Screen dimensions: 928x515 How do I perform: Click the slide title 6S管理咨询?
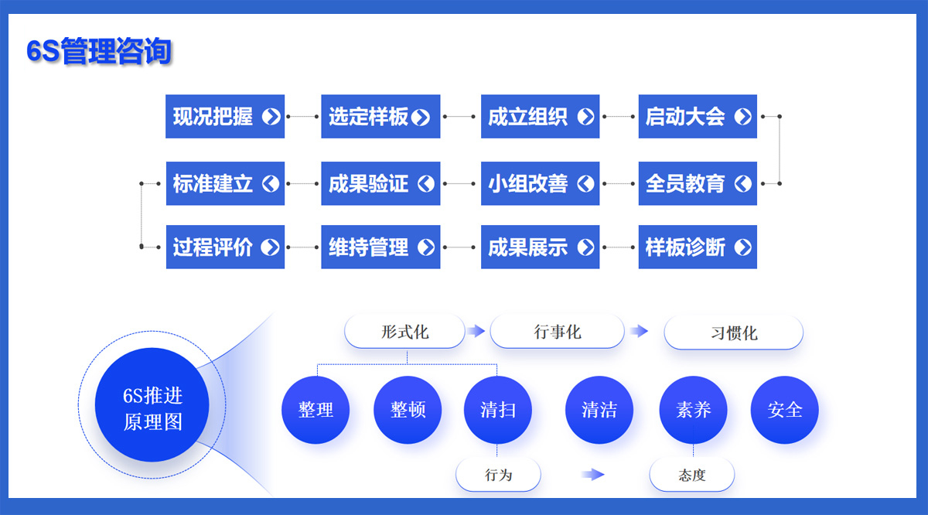(x=99, y=50)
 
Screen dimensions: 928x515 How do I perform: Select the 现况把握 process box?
(x=225, y=117)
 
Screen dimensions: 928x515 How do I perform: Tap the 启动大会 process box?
(x=698, y=117)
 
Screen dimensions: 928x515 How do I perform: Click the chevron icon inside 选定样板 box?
(x=421, y=118)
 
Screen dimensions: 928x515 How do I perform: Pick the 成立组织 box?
(x=541, y=117)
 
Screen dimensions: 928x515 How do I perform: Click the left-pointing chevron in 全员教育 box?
(x=743, y=183)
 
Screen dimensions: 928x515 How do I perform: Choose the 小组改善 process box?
(x=541, y=183)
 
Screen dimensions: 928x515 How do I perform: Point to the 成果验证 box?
(x=380, y=183)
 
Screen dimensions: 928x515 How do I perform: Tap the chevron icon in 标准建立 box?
(x=271, y=183)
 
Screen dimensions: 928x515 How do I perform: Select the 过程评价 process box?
(x=225, y=247)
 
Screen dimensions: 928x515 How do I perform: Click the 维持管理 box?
(x=380, y=247)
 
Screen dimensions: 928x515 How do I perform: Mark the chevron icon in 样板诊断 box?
(x=743, y=247)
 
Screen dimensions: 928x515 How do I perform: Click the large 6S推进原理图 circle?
(x=152, y=404)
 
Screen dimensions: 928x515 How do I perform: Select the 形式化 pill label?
(x=404, y=332)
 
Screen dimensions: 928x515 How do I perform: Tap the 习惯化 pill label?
(x=733, y=333)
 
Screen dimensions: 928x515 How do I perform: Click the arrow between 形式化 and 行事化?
(x=476, y=331)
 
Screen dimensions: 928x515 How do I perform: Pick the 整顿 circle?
(x=408, y=410)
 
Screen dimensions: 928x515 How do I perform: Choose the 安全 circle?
(x=785, y=410)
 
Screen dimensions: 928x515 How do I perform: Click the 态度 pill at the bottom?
(x=692, y=475)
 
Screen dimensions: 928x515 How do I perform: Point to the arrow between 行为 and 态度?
(x=593, y=474)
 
